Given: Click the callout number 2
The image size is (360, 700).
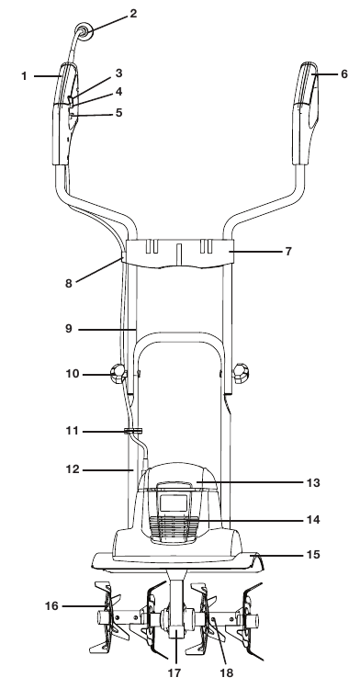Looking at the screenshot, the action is point(133,14).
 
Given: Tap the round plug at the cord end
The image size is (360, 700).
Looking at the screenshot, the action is point(83,31).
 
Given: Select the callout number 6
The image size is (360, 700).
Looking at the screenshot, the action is point(344,74).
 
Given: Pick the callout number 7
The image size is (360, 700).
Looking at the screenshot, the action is point(288,252).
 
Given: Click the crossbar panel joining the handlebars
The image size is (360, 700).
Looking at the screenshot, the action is point(179,254).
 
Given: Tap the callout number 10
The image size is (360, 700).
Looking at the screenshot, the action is point(73,373).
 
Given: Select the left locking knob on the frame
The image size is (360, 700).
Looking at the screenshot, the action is point(118,374).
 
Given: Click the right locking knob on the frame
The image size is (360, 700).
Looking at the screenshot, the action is point(241,374).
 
